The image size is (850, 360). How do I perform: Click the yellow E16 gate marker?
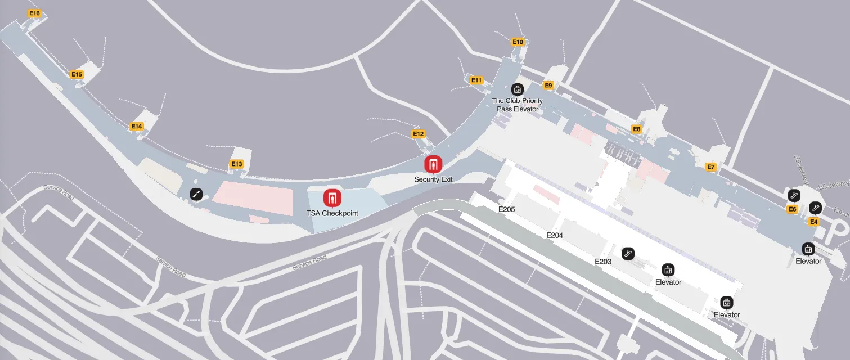(x=34, y=13)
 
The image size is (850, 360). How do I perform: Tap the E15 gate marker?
(x=77, y=74)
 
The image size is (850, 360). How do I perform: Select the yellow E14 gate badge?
(x=137, y=126)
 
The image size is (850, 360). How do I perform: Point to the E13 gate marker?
(x=237, y=164)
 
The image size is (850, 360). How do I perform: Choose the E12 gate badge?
(x=418, y=134)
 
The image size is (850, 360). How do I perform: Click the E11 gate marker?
(x=476, y=80)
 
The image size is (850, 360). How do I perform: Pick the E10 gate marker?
(x=518, y=42)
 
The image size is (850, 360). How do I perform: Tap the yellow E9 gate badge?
(x=548, y=85)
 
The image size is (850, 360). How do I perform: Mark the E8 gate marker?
(x=637, y=129)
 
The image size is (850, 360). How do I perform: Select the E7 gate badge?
(x=711, y=167)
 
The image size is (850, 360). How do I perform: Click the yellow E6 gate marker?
(x=793, y=209)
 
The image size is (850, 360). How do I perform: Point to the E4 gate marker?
(x=813, y=222)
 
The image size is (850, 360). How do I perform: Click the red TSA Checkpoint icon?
(x=332, y=198)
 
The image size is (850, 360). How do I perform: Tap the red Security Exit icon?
(x=433, y=164)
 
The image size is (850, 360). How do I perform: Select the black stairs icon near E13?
(x=196, y=194)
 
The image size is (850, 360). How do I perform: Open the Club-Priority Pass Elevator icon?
(x=517, y=89)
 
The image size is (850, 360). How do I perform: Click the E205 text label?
(x=506, y=209)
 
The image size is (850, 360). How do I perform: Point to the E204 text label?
(x=555, y=236)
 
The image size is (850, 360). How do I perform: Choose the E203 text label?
(x=603, y=262)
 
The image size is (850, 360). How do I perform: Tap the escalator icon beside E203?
(x=628, y=254)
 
